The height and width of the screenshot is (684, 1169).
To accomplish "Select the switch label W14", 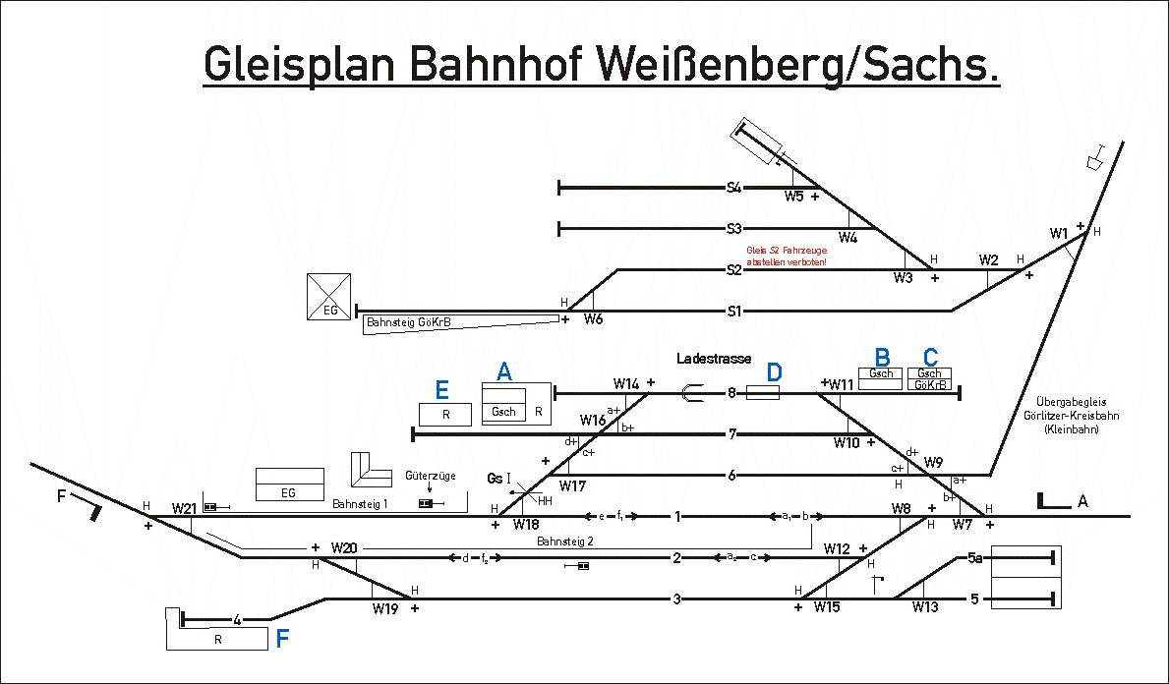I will (x=626, y=383).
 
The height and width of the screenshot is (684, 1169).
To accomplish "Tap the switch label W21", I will (x=184, y=508).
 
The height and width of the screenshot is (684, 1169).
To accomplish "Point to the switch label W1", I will (x=1058, y=234).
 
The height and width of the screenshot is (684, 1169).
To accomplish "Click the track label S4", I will (x=733, y=187).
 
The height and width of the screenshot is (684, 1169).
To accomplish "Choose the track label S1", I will (x=733, y=312).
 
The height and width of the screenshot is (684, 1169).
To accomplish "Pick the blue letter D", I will (x=775, y=372).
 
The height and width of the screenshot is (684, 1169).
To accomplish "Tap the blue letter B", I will (x=882, y=356).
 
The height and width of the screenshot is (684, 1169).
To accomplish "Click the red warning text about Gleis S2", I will (x=786, y=256).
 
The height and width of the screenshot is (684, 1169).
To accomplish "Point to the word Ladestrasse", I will (x=713, y=360).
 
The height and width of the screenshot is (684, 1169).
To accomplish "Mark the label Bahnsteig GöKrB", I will (x=408, y=321).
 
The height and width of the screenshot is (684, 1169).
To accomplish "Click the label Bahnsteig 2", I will (x=565, y=541).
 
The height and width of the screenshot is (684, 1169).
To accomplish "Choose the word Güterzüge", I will (x=430, y=476).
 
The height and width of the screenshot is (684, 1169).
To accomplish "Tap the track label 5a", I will (x=974, y=558).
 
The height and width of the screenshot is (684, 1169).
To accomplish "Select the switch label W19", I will (x=384, y=609).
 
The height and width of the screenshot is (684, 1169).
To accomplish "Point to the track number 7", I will (x=731, y=433).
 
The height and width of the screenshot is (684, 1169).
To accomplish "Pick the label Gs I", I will (x=499, y=478).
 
